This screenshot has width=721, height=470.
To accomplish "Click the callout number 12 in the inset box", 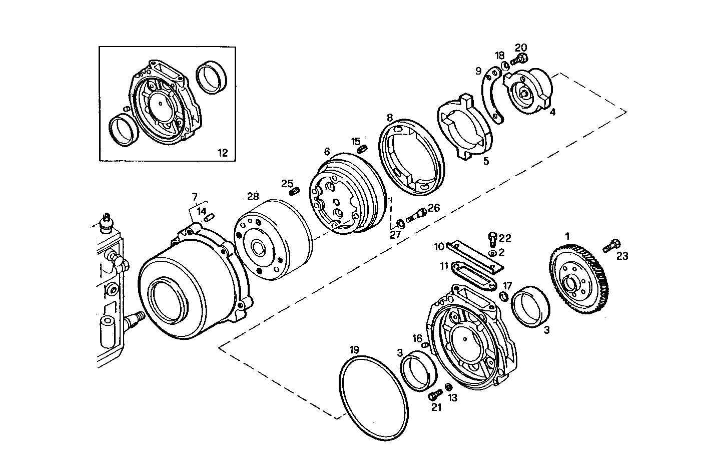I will point(223,153).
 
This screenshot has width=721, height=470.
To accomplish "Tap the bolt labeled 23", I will point(610,246).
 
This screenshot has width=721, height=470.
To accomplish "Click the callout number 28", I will point(253,196).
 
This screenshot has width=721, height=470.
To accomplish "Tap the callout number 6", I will point(327,151).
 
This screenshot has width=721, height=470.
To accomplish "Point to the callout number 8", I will point(389,118).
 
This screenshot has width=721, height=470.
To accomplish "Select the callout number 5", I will point(486,161).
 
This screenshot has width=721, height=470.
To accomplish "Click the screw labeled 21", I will point(433,395).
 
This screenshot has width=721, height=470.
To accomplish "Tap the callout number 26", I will point(433,208).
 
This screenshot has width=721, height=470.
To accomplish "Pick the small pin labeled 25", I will point(294,191).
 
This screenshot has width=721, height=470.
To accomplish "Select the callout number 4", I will point(552,113).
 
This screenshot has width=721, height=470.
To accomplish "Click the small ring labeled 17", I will point(504,298).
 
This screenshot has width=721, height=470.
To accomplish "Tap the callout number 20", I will point(521,48).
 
